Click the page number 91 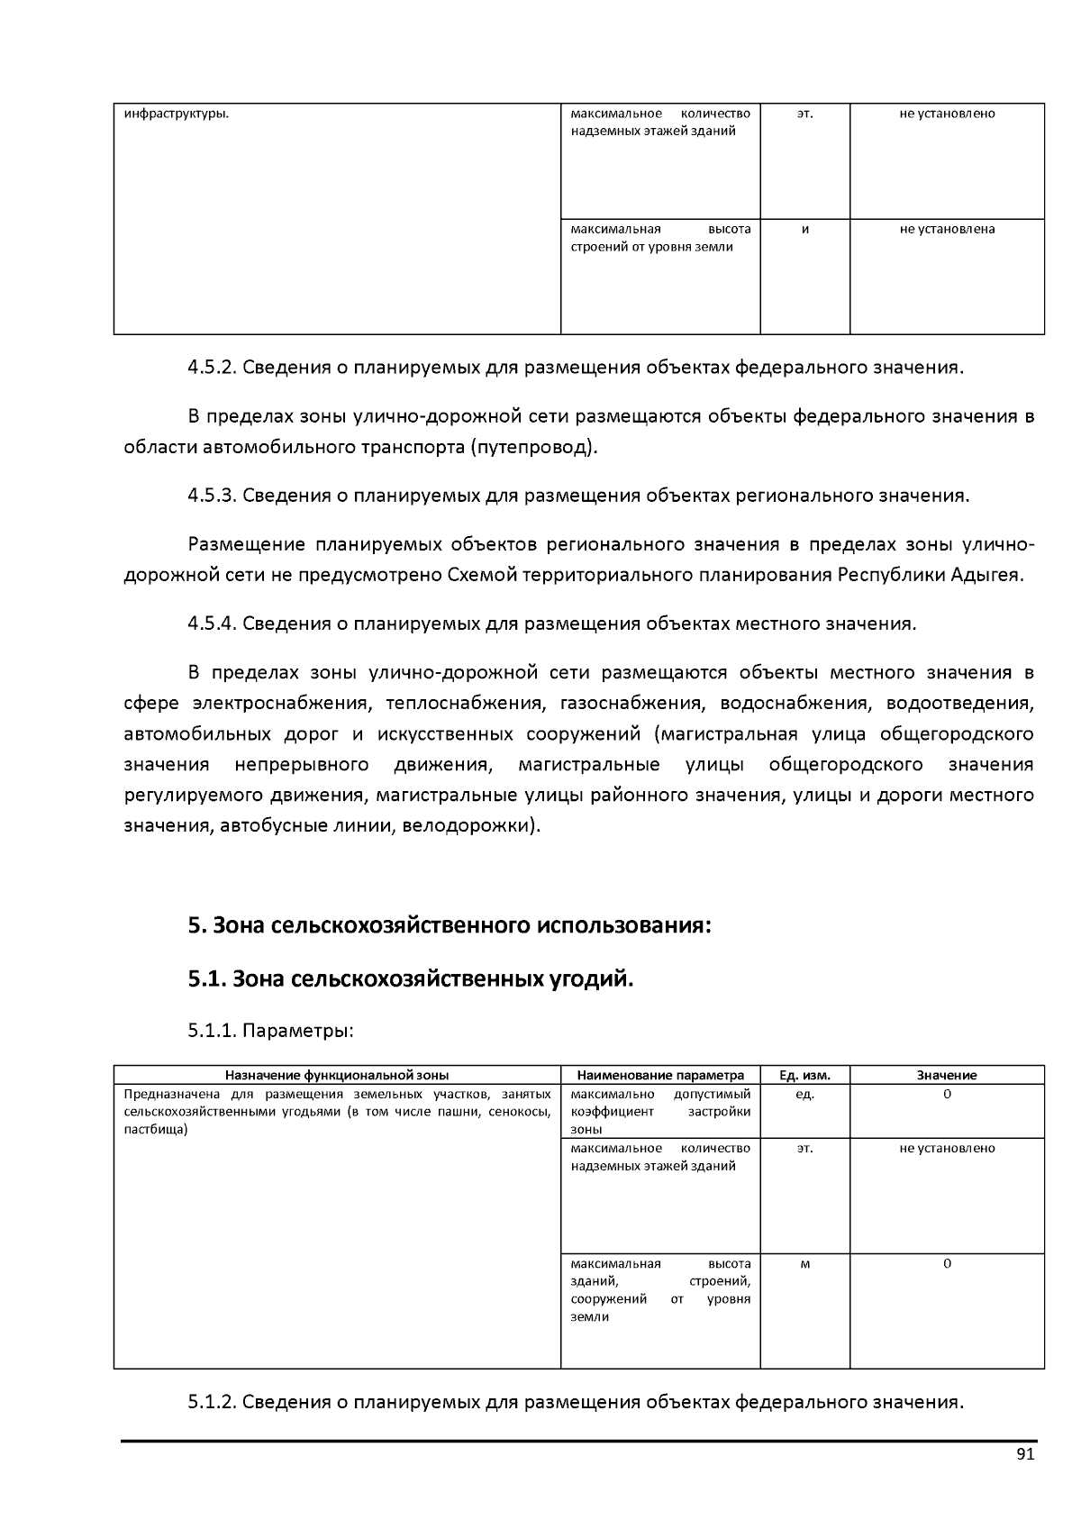1025,1455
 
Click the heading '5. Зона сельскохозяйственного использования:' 450,926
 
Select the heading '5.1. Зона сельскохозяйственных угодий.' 411,978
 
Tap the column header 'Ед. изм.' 804,1075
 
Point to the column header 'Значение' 947,1075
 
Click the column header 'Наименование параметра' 660,1075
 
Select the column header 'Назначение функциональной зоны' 337,1075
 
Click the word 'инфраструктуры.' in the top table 176,114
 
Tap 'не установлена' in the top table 947,229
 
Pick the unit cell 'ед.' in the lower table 804,1094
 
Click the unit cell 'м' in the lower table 804,1263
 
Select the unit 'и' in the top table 804,229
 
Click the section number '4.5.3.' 212,496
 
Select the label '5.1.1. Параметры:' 270,1031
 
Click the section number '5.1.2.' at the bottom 212,1402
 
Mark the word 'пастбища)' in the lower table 155,1129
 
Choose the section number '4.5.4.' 212,623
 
